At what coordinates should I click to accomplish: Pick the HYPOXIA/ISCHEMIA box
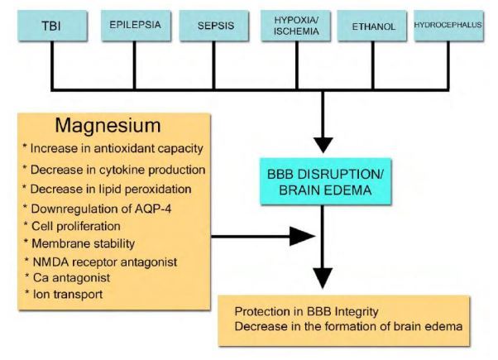[294, 25]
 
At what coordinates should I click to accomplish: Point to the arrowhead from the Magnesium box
[305, 238]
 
